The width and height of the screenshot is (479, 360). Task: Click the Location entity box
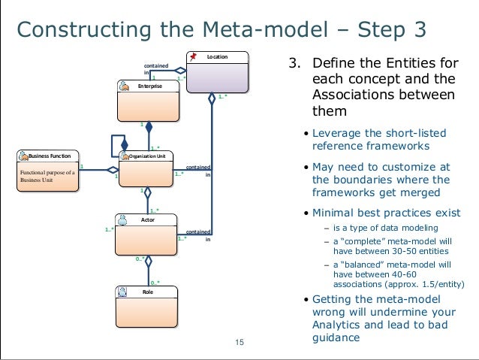tap(218, 73)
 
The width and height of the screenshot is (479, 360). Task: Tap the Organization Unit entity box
tap(149, 169)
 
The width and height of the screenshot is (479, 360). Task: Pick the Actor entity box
tap(149, 233)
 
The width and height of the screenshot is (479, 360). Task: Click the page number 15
tap(239, 343)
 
